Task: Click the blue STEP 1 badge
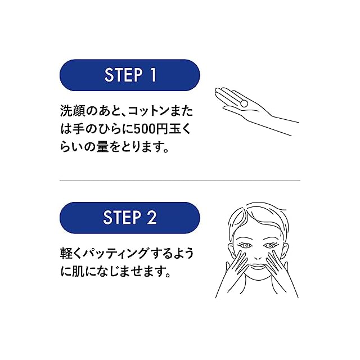click(130, 75)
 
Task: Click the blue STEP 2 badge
click(130, 218)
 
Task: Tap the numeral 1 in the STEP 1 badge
click(152, 75)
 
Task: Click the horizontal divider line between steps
click(180, 181)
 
